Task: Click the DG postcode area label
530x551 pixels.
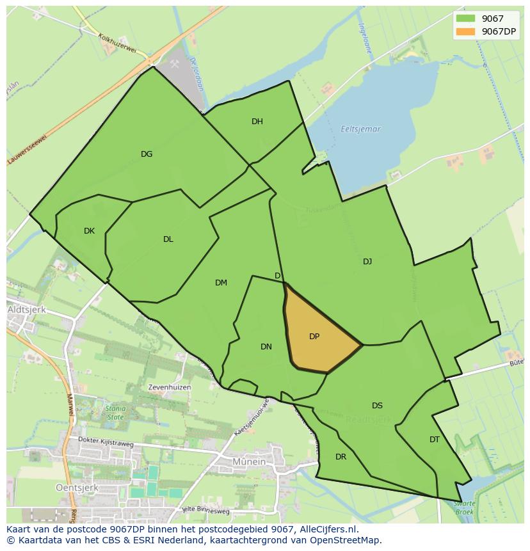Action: [x=147, y=154]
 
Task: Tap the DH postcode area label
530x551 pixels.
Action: [x=257, y=122]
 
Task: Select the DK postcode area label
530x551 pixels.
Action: [x=89, y=231]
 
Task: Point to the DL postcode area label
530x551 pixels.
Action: [x=168, y=239]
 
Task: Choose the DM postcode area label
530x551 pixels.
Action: [x=221, y=283]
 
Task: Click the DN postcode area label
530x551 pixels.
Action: [x=266, y=347]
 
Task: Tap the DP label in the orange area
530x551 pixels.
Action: [x=314, y=337]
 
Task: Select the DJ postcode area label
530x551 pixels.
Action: [x=367, y=261]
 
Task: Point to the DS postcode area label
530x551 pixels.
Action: [x=377, y=406]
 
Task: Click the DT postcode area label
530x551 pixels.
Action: [x=435, y=440]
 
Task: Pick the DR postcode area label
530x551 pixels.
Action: [x=341, y=457]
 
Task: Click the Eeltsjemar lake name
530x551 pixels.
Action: [x=360, y=129]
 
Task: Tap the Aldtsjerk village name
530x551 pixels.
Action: [x=24, y=309]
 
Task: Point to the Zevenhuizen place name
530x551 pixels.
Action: [x=169, y=387]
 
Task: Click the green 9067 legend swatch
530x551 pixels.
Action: [x=465, y=19]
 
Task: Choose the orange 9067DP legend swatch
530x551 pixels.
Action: [x=465, y=32]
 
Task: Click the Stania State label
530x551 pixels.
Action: [x=116, y=413]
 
